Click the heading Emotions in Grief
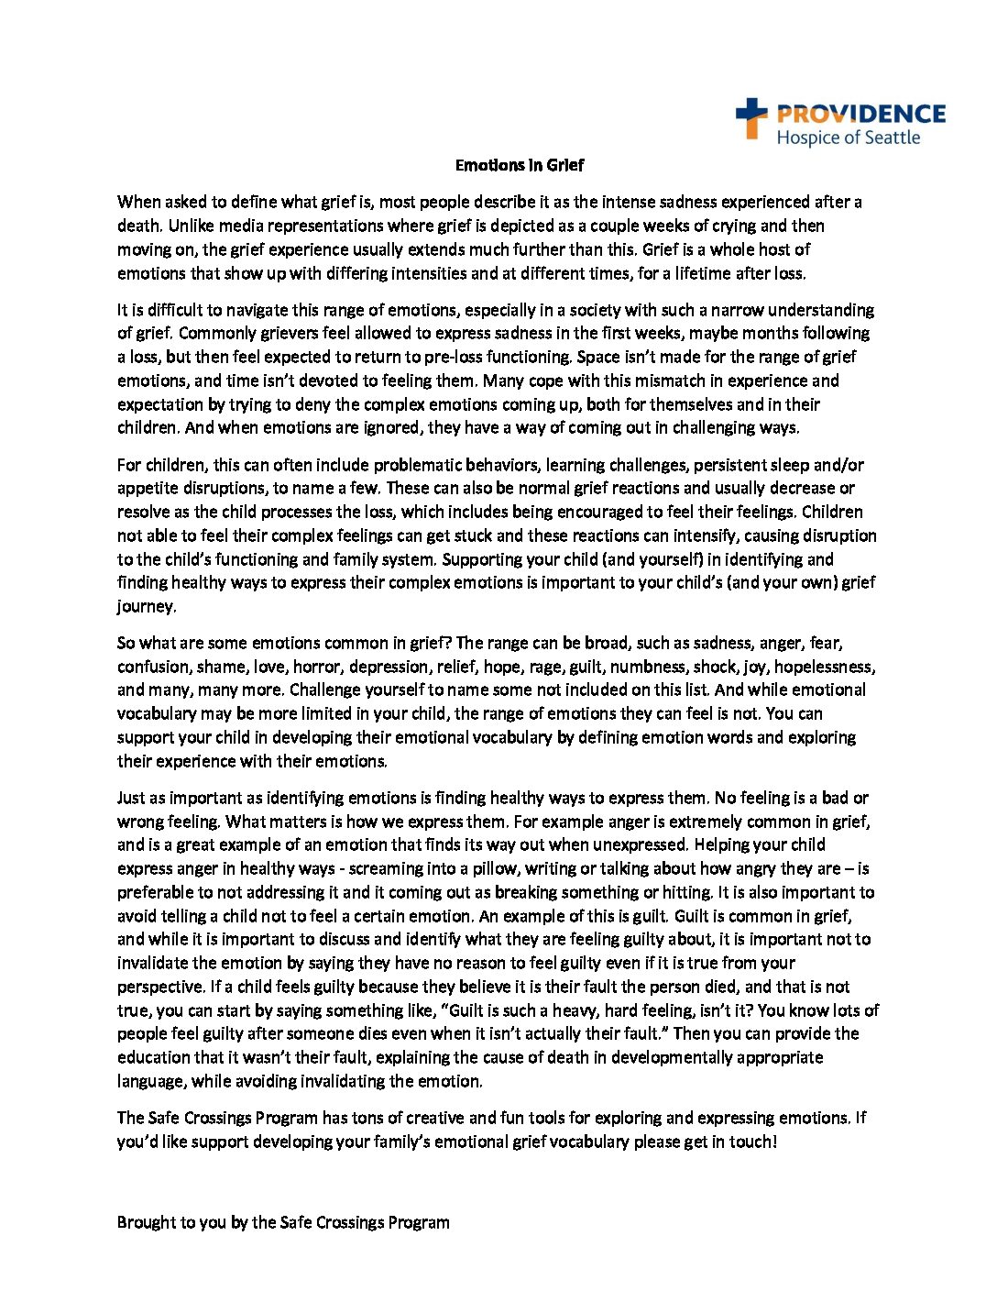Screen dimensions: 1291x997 [x=520, y=165]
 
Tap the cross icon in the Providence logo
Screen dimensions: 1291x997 [x=751, y=118]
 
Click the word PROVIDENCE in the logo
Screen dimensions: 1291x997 [x=860, y=114]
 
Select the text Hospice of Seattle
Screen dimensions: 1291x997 [x=848, y=138]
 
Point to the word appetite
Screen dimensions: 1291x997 [x=148, y=489]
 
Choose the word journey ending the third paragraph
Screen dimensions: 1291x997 [x=146, y=606]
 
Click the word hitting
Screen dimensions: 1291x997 [x=687, y=892]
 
